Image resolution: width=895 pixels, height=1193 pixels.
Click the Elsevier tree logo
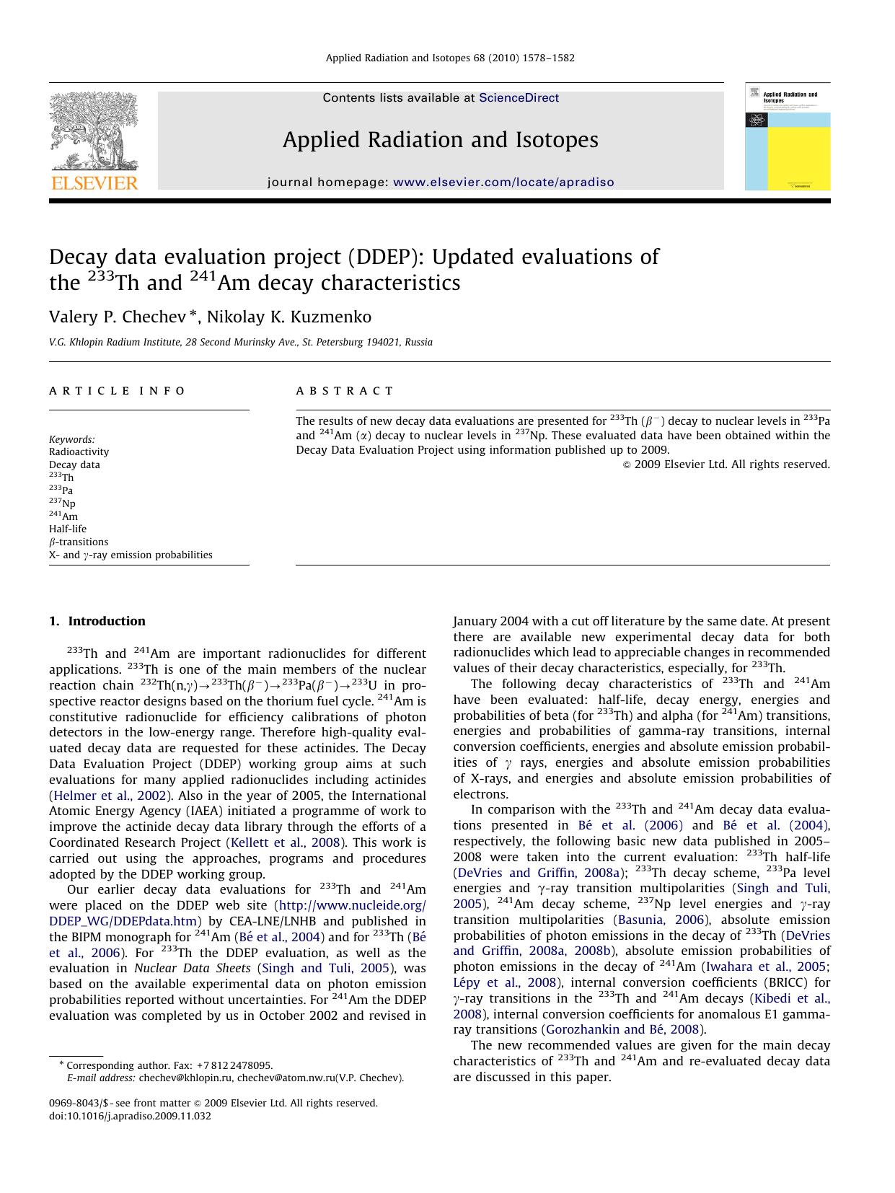94,131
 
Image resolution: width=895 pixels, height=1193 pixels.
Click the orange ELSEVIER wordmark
94,182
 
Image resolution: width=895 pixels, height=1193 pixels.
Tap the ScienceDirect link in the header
519,98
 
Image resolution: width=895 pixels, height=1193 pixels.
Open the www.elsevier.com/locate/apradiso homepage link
503,182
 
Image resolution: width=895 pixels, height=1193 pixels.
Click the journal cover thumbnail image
787,137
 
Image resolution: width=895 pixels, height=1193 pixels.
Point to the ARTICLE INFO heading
118,391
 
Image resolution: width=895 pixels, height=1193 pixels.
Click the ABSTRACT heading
345,391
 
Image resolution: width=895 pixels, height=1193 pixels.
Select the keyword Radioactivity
79,452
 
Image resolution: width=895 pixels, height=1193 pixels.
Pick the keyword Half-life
68,529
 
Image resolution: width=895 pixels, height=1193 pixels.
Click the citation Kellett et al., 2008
284,842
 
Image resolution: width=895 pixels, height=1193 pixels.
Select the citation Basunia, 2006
659,920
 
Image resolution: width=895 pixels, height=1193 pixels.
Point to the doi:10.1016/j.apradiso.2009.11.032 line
130,1116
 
